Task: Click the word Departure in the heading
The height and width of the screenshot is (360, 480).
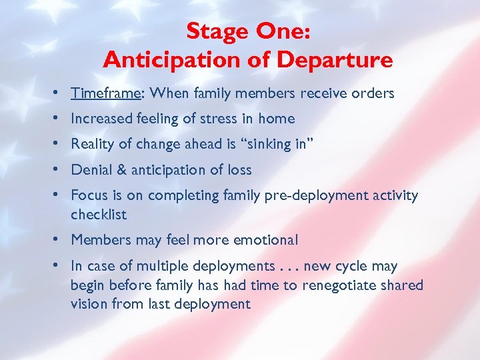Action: [x=335, y=61]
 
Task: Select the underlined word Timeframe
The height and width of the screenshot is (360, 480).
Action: [x=105, y=93]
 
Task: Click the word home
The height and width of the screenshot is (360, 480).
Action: [x=277, y=119]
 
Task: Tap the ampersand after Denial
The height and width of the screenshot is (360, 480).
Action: [x=121, y=170]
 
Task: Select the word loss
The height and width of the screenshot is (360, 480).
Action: [x=239, y=170]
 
